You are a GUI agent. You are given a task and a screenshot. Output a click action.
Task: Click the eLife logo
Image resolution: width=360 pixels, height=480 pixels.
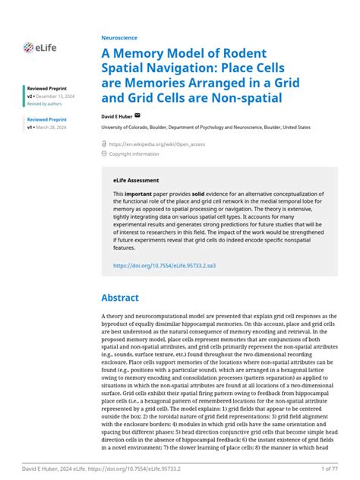click(37, 48)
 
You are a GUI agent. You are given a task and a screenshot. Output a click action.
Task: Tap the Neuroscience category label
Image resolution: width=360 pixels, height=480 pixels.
click(118, 36)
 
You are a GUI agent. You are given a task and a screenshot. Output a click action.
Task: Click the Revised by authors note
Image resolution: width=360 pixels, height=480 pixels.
click(44, 104)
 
